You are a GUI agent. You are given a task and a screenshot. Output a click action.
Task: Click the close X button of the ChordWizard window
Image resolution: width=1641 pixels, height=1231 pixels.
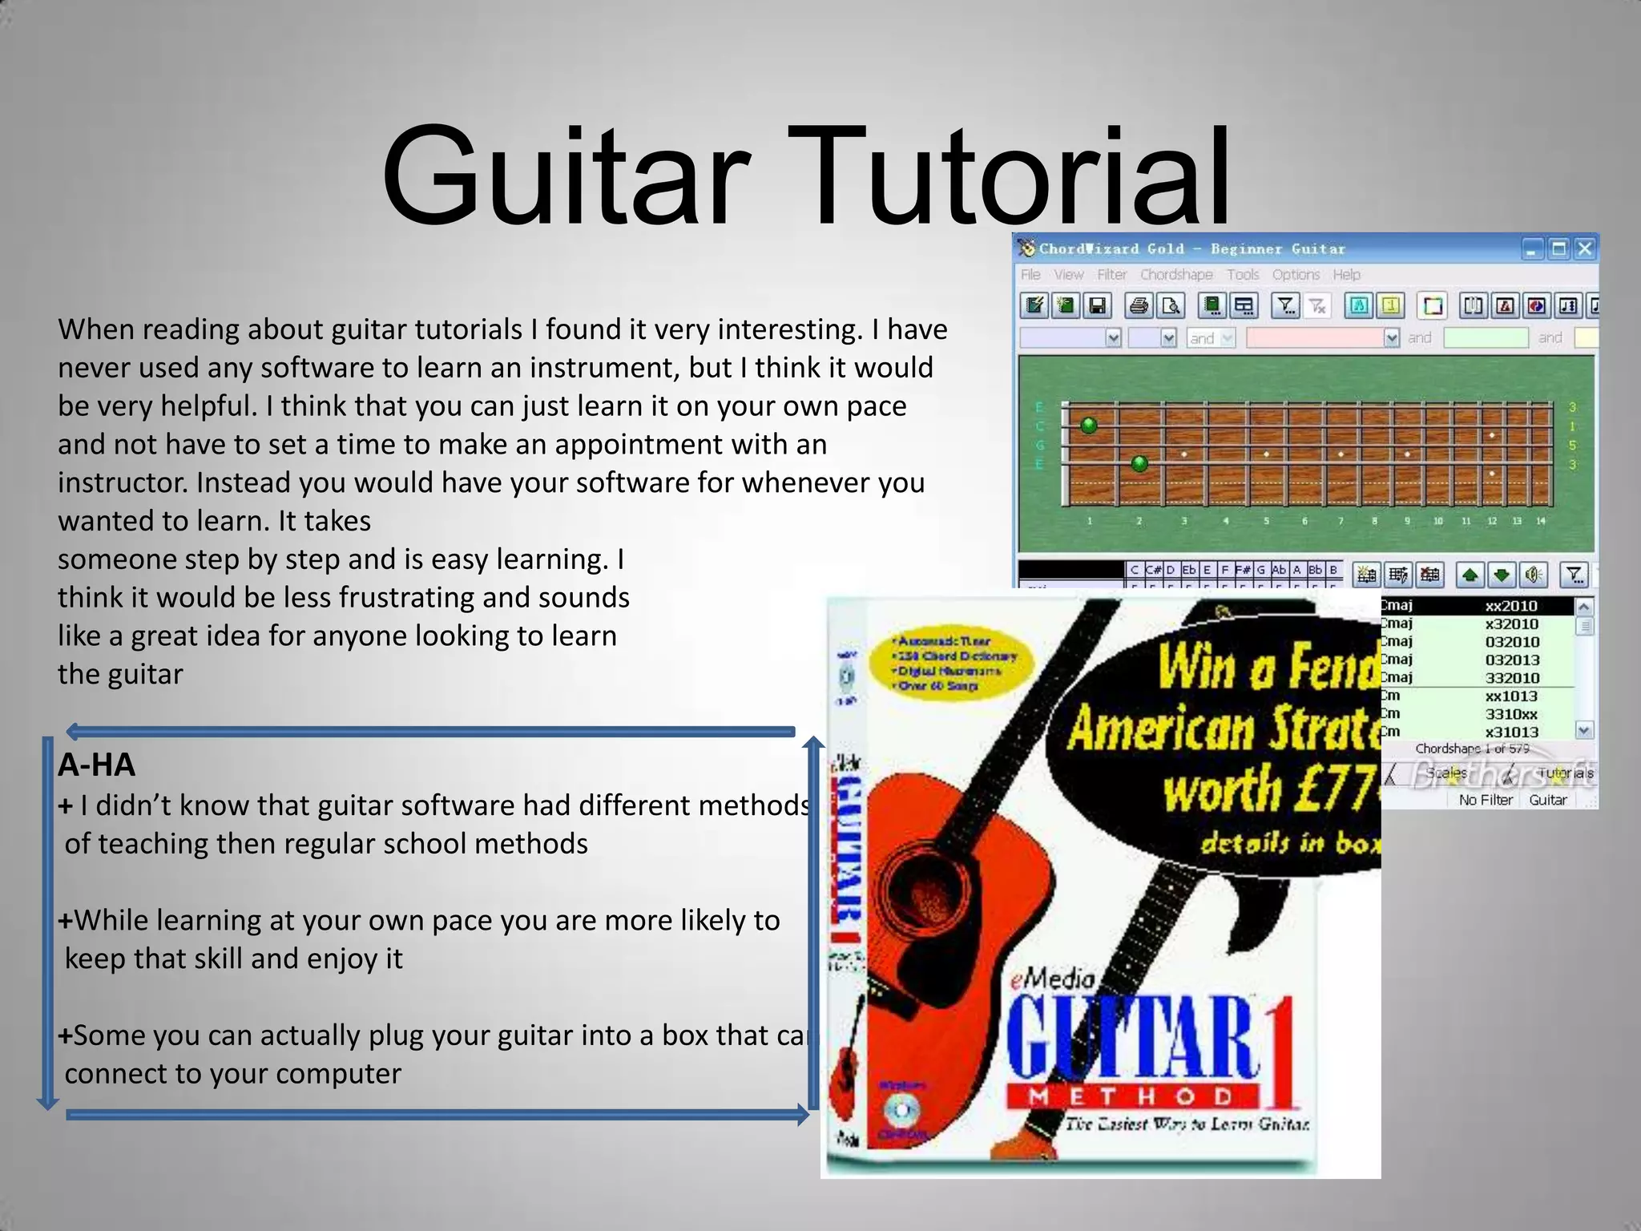1584,249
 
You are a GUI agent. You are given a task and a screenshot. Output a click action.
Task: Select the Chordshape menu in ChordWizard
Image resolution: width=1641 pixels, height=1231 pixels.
1176,275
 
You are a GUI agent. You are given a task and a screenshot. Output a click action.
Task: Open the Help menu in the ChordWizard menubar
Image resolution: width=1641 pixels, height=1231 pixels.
1346,275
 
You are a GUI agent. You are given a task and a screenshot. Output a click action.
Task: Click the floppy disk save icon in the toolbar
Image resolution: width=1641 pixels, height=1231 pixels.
1097,306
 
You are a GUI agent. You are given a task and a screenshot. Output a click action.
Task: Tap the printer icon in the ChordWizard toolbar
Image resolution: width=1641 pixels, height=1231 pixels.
1139,306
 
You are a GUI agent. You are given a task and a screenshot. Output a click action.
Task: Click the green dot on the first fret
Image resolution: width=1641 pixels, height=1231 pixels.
1088,425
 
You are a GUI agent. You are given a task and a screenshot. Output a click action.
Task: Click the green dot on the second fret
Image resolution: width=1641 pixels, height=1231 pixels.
1139,463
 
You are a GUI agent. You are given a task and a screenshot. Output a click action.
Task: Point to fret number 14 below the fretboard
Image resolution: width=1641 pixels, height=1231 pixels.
1541,521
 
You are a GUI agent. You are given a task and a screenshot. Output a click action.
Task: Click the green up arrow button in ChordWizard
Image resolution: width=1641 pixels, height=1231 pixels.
1470,575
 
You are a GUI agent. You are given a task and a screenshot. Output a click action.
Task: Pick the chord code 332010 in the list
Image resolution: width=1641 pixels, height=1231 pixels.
1512,678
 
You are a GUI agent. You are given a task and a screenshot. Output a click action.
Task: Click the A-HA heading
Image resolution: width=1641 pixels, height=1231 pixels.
96,765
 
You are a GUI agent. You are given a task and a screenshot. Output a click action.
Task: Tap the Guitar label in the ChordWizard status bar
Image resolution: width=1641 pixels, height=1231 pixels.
1547,800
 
